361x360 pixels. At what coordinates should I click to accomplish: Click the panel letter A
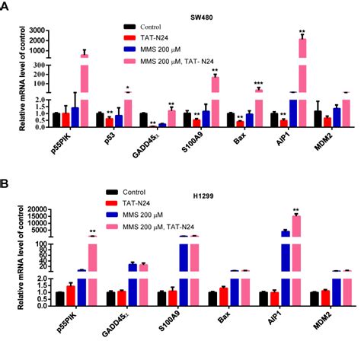pos(6,6)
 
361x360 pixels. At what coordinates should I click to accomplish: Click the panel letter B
pos(6,183)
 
